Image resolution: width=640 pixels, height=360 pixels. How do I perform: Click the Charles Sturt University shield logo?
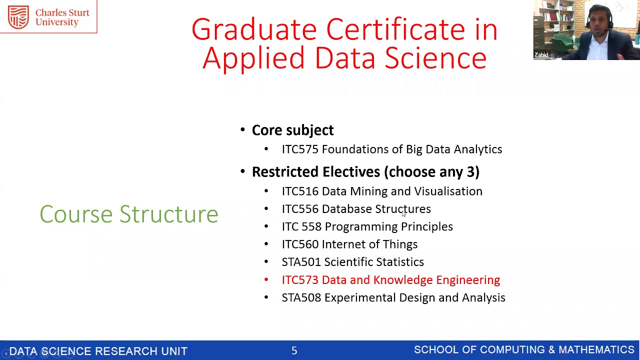tap(18, 17)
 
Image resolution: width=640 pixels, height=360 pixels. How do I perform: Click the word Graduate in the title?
tap(253, 30)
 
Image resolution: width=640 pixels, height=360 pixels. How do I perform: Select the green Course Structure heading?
tap(129, 214)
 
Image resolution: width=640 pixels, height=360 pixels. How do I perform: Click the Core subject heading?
tap(292, 130)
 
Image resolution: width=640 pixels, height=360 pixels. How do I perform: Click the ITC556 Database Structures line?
tap(356, 209)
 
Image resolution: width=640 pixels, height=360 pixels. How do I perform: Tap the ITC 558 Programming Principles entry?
tap(367, 227)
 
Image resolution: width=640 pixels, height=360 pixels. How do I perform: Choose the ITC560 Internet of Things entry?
tap(349, 244)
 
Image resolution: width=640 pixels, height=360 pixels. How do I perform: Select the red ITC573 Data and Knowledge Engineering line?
tap(390, 280)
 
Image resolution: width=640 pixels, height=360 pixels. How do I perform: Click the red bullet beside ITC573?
tap(266, 280)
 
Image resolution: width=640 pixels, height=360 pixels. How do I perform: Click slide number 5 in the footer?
tap(294, 351)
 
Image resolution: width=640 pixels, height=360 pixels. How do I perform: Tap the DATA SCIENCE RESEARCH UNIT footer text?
tap(98, 351)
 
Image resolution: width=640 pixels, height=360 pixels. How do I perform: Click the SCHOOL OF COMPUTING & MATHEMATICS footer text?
tap(524, 350)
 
